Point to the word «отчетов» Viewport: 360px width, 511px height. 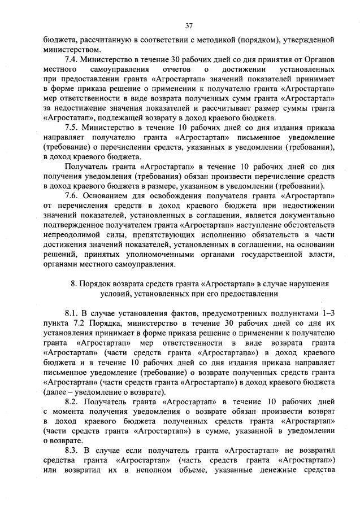point(168,69)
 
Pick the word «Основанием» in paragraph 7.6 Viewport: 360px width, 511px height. point(109,196)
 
